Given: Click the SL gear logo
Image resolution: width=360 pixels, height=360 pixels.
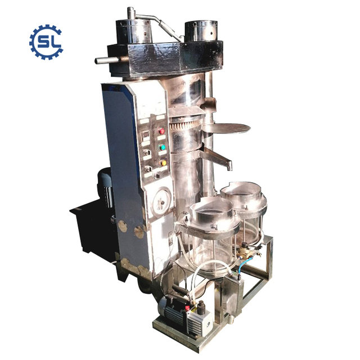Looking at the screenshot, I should point(46,41).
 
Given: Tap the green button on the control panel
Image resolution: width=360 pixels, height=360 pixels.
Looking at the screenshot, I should point(162,147).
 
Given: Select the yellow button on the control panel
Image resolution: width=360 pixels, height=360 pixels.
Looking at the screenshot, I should point(164,163).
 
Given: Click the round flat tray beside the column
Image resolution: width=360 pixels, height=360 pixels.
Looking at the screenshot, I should point(226,128).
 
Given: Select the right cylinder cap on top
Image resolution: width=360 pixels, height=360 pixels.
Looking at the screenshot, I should point(201,31).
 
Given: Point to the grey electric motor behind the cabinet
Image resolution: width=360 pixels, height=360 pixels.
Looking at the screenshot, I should point(103,183).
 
